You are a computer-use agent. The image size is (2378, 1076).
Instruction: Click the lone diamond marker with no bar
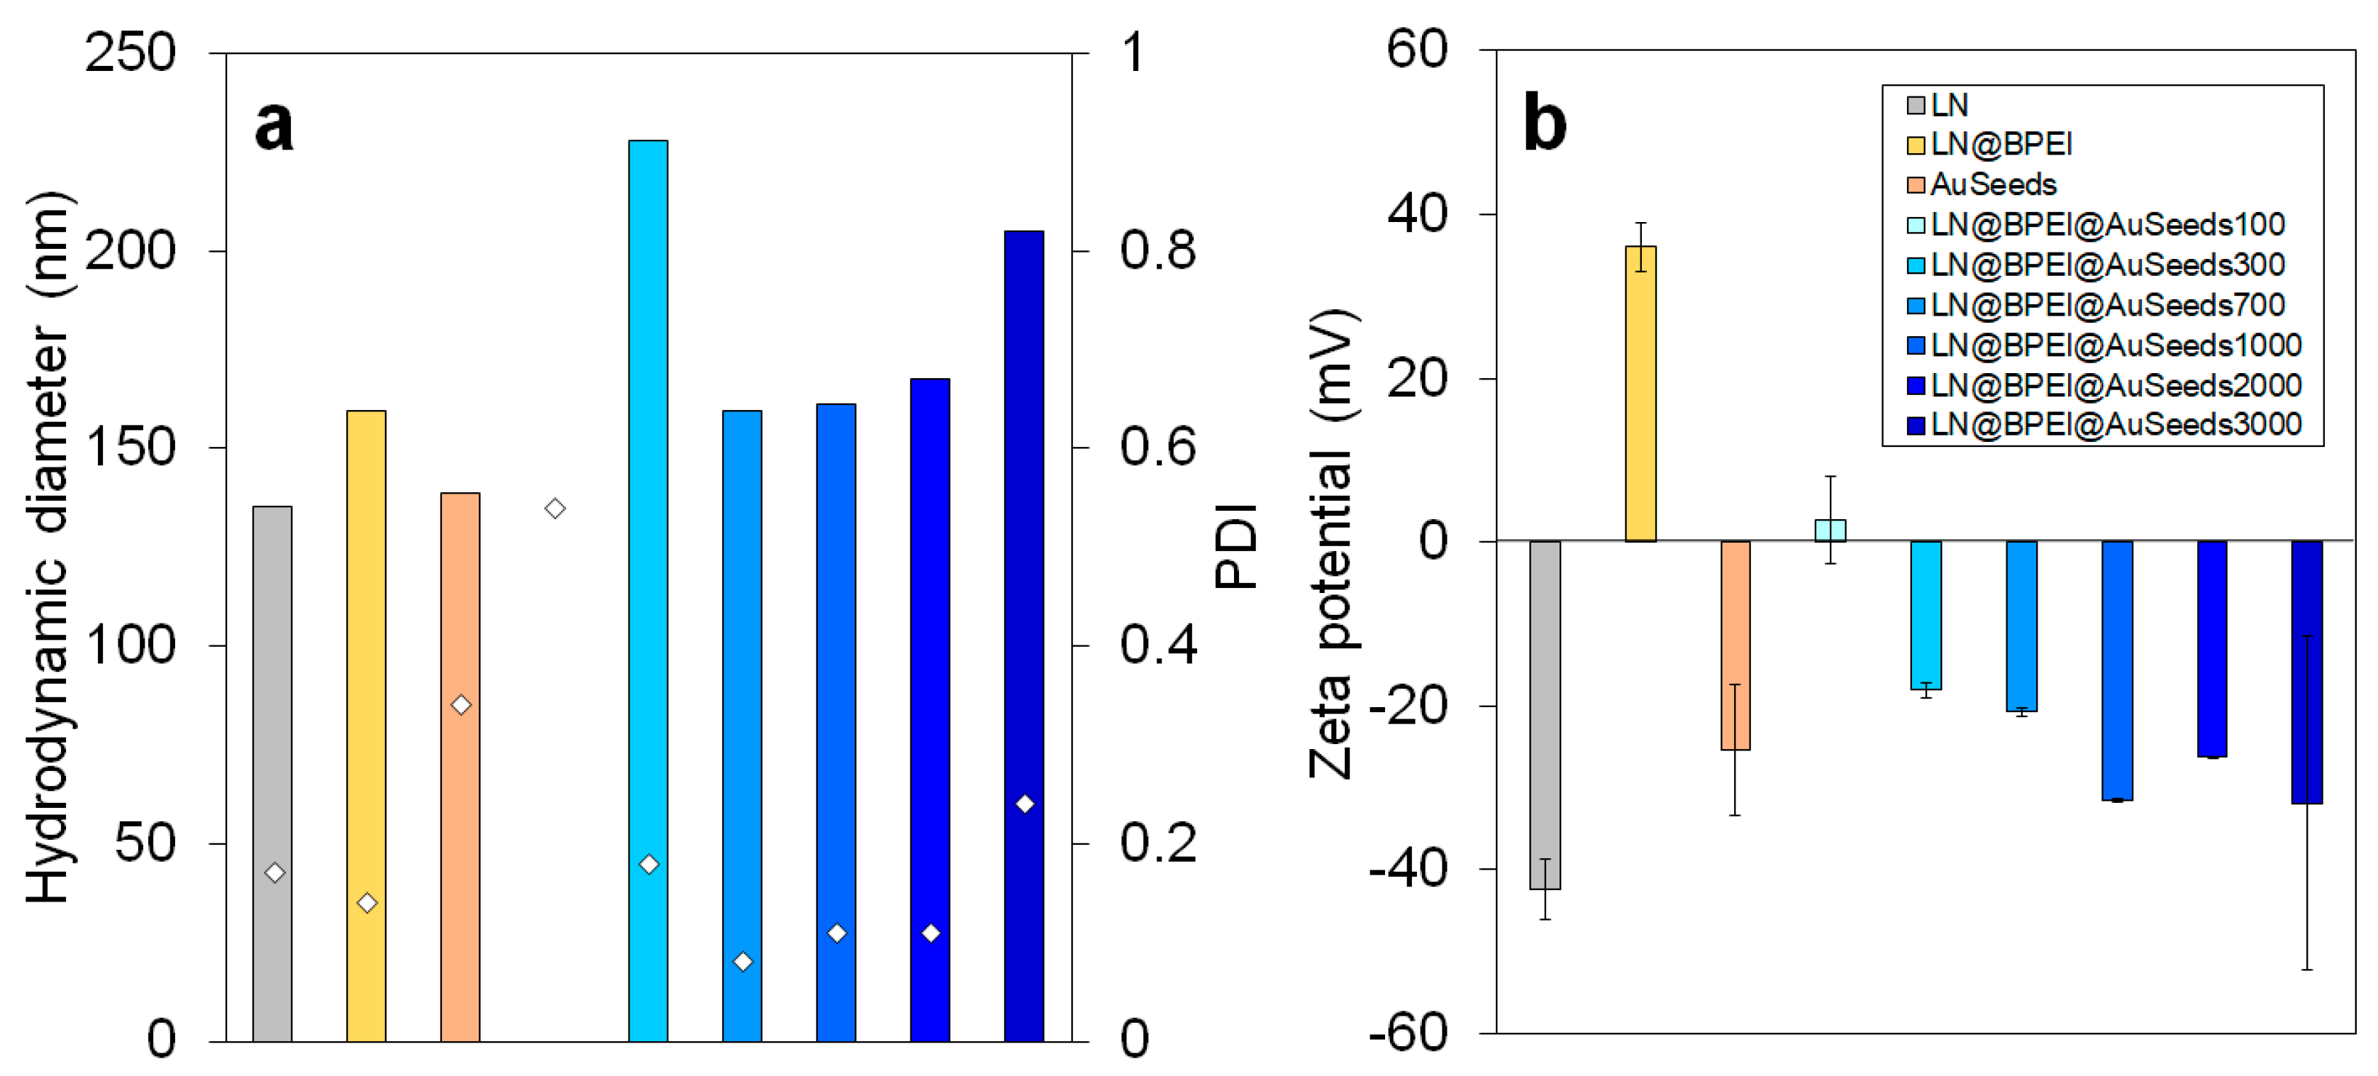555,508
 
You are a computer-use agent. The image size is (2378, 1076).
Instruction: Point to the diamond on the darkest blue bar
1025,804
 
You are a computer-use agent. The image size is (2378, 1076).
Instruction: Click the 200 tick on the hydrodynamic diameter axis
130,250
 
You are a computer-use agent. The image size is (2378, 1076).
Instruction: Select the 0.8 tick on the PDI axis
1157,250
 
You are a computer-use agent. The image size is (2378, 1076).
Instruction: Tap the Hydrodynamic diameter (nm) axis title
48,547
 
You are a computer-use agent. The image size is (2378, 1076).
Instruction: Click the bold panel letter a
274,126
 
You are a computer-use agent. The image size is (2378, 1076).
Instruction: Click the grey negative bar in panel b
1545,716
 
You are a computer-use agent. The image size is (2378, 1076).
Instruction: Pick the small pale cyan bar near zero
1830,530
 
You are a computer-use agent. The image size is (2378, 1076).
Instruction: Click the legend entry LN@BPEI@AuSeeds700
2106,305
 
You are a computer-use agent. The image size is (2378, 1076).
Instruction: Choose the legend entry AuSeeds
1992,184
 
